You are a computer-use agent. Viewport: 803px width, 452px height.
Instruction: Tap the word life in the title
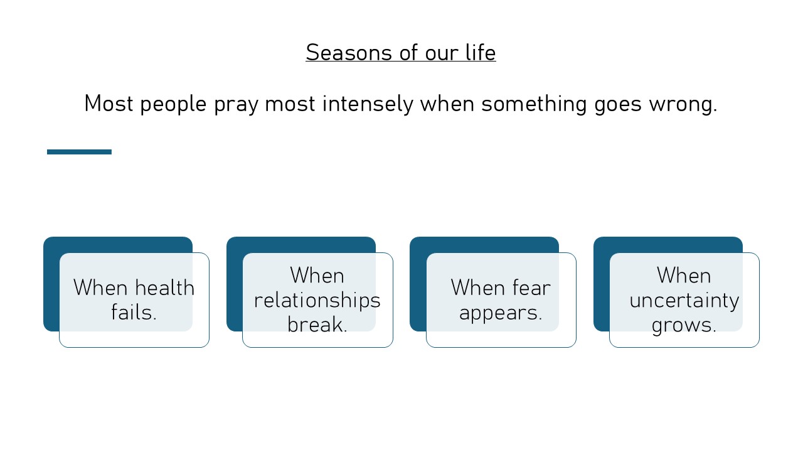480,53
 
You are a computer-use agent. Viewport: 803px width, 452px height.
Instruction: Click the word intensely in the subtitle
368,104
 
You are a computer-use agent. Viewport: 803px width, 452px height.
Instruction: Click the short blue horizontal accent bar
79,152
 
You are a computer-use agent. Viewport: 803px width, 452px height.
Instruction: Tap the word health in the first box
164,288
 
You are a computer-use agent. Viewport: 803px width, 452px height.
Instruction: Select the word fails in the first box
134,312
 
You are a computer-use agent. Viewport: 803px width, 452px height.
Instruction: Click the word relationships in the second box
317,300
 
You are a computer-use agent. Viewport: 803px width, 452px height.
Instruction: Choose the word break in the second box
317,325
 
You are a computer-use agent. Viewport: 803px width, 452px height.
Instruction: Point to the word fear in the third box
531,288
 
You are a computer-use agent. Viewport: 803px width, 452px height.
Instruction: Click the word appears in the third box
501,312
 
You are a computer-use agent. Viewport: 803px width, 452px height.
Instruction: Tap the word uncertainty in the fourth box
684,300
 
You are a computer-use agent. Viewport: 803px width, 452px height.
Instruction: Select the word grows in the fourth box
684,325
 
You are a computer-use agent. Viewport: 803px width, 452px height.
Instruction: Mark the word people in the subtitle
173,104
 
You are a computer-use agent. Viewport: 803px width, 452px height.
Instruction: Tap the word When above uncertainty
684,276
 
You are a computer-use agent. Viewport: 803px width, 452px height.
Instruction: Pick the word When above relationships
317,276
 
